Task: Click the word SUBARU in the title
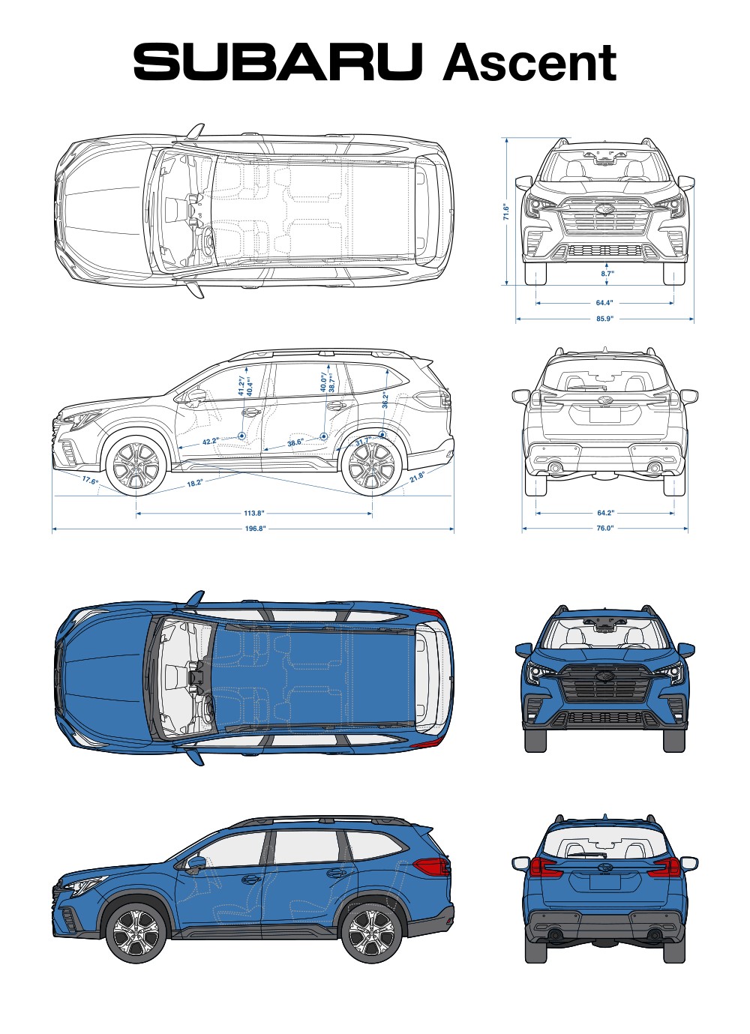[x=277, y=61]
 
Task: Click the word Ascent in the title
[x=529, y=63]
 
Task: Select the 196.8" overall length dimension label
[x=255, y=529]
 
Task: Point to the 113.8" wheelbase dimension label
[x=254, y=514]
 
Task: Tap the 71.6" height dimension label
[x=506, y=212]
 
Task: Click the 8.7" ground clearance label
[x=607, y=274]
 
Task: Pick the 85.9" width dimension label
[x=604, y=319]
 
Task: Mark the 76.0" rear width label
[x=604, y=528]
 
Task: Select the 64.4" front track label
[x=604, y=303]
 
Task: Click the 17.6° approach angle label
[x=90, y=481]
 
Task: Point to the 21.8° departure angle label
[x=417, y=476]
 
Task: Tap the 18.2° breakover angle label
[x=194, y=484]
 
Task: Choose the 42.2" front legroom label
[x=210, y=442]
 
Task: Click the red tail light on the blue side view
[x=431, y=867]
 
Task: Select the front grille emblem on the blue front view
[x=604, y=676]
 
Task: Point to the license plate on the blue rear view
[x=604, y=882]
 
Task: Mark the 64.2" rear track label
[x=605, y=513]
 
